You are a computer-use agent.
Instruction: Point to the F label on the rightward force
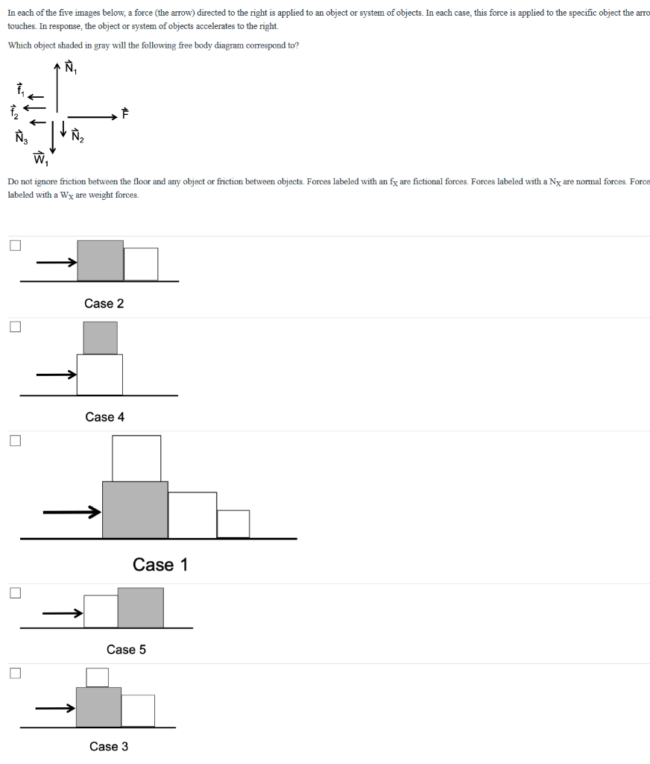click(x=125, y=114)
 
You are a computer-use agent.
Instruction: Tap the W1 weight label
click(x=40, y=158)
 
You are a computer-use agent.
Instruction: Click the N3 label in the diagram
click(x=20, y=137)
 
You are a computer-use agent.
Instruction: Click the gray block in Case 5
click(x=140, y=607)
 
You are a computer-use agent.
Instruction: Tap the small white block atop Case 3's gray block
click(x=97, y=677)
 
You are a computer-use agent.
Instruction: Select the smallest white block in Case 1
click(x=233, y=524)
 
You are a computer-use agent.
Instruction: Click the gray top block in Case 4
click(x=100, y=338)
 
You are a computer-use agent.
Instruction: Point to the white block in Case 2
click(x=141, y=264)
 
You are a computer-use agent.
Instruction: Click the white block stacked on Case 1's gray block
click(x=136, y=458)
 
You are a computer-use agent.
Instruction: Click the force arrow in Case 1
click(x=72, y=512)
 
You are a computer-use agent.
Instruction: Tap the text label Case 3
click(x=109, y=746)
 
